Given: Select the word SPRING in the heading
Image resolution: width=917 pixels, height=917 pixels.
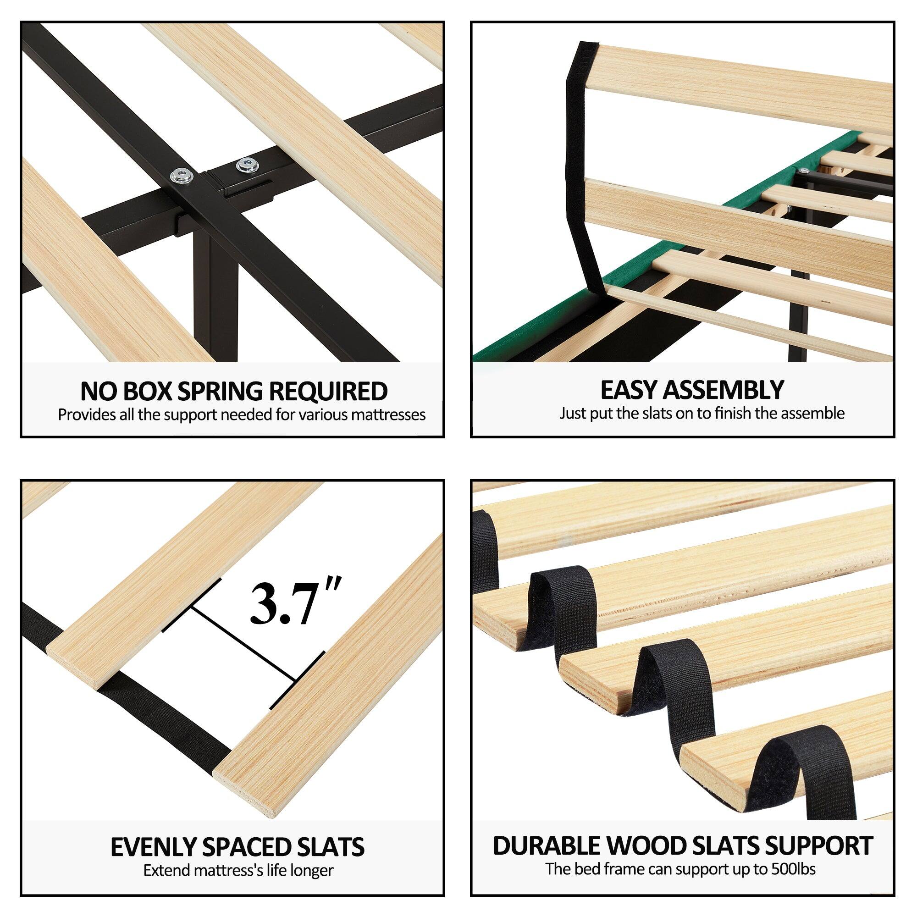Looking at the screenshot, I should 221,392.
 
